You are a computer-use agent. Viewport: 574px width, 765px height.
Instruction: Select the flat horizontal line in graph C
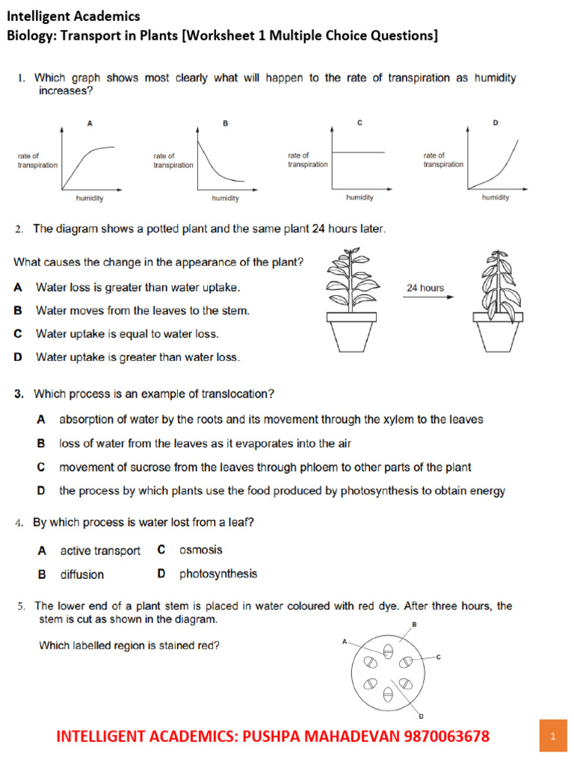point(357,152)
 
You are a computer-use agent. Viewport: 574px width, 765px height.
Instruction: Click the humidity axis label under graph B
point(225,199)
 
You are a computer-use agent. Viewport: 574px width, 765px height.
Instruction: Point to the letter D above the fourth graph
point(495,123)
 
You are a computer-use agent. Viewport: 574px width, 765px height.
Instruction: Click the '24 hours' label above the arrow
point(425,288)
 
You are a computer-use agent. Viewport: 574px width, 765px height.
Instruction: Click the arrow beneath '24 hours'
point(428,297)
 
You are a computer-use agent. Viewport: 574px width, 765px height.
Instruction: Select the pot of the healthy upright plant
point(350,331)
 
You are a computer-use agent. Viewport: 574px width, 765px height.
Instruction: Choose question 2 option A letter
point(18,287)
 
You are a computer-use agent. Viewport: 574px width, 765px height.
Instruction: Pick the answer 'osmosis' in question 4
point(200,550)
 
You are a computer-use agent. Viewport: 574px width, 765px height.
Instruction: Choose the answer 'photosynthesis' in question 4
point(217,574)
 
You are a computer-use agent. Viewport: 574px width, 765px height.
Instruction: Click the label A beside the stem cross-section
point(345,640)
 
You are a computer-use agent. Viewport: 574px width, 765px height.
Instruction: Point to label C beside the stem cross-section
point(439,657)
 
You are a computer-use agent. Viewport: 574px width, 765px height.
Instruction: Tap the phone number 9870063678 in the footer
point(446,737)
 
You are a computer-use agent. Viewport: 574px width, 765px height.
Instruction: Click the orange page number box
point(552,737)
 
